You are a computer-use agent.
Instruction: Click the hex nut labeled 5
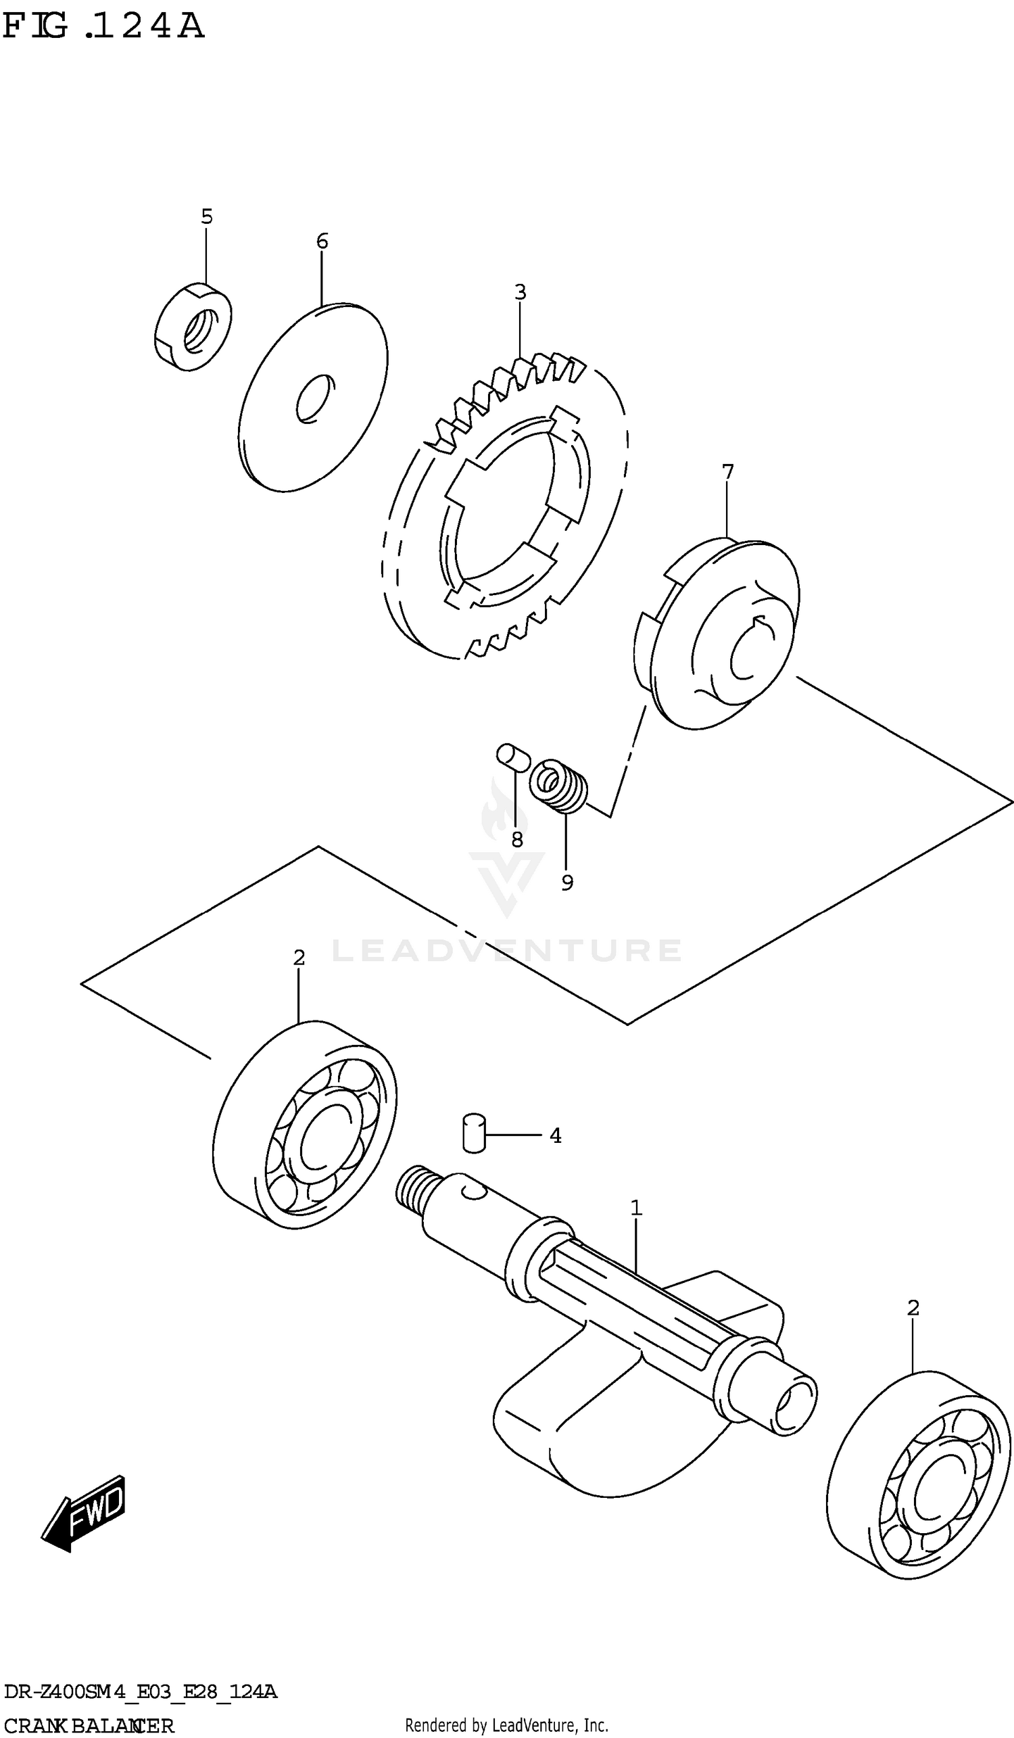click(193, 326)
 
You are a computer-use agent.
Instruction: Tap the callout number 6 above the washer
click(322, 241)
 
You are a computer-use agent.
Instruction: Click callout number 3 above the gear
click(521, 292)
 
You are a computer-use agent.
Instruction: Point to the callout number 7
click(727, 473)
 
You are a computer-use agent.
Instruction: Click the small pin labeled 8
click(513, 756)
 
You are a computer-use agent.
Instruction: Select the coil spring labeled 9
click(560, 786)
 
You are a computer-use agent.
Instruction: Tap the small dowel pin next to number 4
click(474, 1133)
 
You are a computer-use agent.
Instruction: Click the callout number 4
click(556, 1135)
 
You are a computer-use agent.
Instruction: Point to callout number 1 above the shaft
click(636, 1208)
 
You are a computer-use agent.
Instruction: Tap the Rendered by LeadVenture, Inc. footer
click(506, 1726)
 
